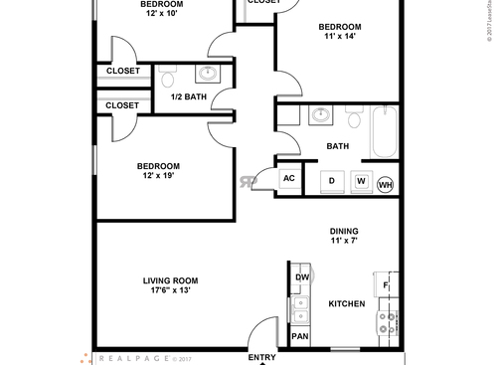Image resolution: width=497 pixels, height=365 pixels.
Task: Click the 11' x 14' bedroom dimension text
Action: [x=339, y=36]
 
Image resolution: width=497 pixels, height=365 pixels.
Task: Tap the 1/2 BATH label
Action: [x=190, y=96]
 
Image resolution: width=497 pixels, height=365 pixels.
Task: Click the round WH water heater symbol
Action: [x=385, y=184]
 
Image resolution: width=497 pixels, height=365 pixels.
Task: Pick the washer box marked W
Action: [x=361, y=181]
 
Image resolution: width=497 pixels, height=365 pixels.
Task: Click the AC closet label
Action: [x=289, y=179]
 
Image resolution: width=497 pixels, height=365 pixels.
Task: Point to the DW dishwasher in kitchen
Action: [x=300, y=277]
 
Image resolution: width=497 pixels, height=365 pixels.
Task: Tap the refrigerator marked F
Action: [x=385, y=286]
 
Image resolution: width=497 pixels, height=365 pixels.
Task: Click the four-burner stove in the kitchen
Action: [x=386, y=322]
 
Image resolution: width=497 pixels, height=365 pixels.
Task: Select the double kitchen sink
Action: [x=299, y=309]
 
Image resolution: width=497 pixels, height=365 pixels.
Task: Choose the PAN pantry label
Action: [x=299, y=337]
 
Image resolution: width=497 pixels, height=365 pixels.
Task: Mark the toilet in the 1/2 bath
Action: [x=169, y=77]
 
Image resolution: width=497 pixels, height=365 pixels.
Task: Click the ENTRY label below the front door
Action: [x=261, y=358]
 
